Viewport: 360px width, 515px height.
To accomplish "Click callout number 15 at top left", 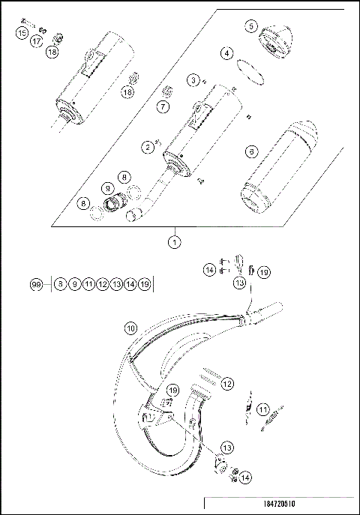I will [22, 34].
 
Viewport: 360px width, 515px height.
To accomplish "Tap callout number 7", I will [163, 108].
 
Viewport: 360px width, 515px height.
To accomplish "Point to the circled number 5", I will [250, 26].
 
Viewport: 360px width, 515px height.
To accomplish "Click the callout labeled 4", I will [226, 54].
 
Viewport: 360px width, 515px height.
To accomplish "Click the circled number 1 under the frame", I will [174, 241].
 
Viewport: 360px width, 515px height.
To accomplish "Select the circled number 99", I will [35, 284].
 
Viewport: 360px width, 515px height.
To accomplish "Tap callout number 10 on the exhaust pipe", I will [130, 328].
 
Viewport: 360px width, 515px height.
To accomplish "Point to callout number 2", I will [148, 147].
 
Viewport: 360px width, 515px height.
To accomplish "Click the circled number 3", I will [193, 79].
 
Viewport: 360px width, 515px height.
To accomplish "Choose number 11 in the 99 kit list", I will [88, 284].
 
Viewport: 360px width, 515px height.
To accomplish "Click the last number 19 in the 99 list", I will [144, 284].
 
